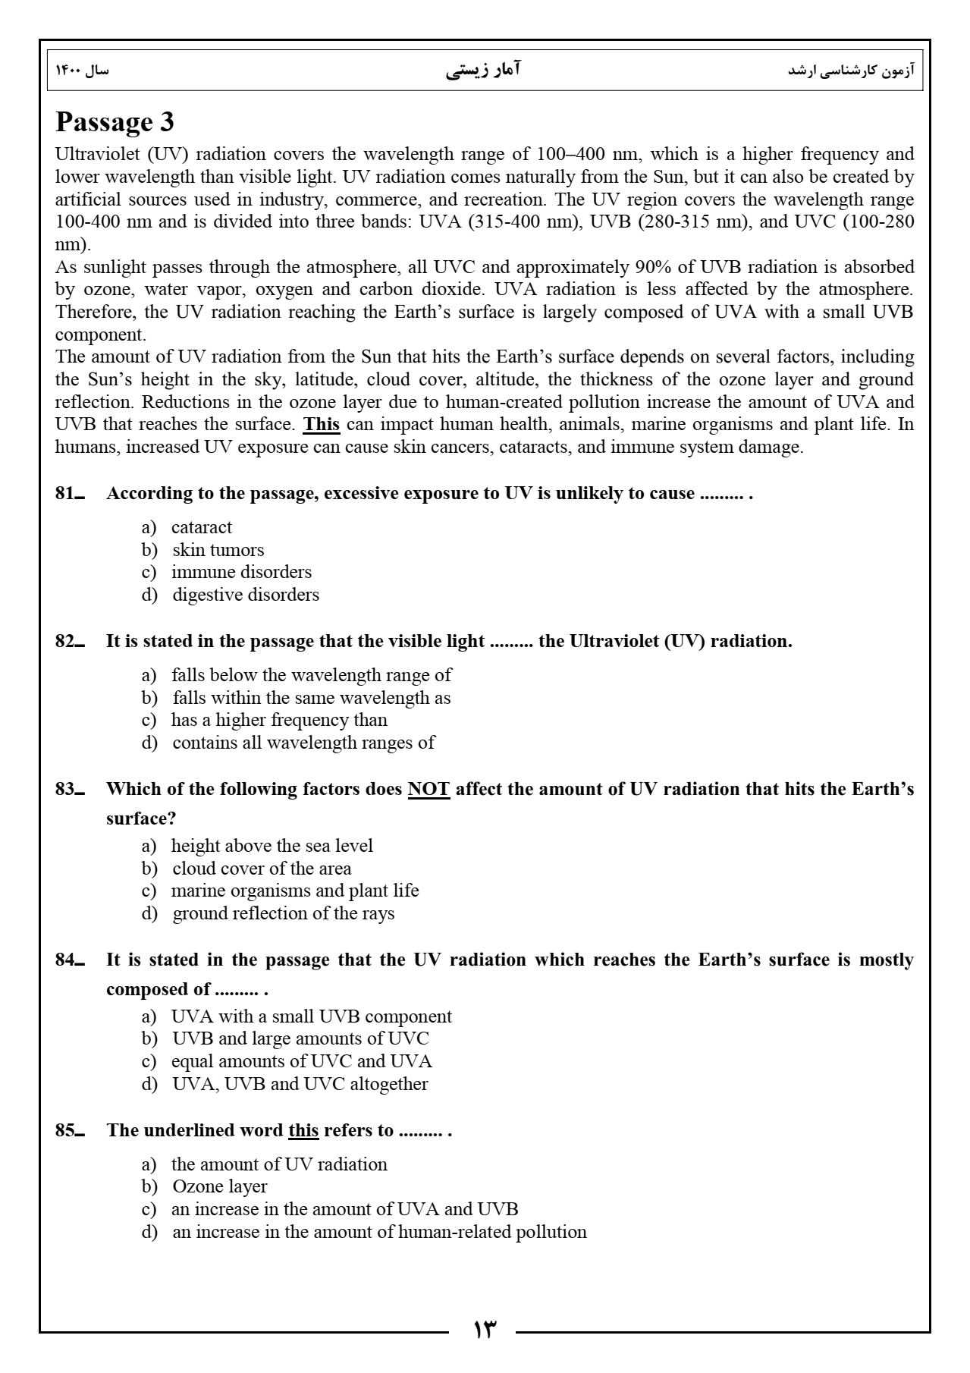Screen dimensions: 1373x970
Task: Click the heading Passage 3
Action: click(115, 122)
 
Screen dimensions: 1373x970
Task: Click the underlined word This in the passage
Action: click(321, 424)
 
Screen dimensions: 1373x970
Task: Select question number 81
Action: click(69, 494)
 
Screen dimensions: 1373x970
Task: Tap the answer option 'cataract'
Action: click(201, 527)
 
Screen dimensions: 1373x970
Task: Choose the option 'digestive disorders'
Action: click(246, 595)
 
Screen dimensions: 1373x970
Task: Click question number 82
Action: click(69, 642)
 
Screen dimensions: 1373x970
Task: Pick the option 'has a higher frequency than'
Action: click(279, 720)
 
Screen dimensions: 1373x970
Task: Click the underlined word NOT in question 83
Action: click(428, 790)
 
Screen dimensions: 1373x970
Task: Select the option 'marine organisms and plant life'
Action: click(295, 891)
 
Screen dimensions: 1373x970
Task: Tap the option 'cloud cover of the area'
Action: click(262, 869)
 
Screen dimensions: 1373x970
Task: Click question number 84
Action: click(69, 960)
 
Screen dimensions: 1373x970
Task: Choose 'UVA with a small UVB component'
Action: click(311, 1016)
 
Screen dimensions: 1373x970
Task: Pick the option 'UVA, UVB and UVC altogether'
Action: click(300, 1084)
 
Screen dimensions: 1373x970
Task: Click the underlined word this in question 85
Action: click(303, 1131)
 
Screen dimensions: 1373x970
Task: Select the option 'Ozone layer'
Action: click(220, 1186)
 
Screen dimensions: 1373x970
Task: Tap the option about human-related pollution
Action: click(379, 1232)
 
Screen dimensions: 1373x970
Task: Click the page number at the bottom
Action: click(484, 1330)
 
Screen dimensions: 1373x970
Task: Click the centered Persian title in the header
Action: click(484, 71)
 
